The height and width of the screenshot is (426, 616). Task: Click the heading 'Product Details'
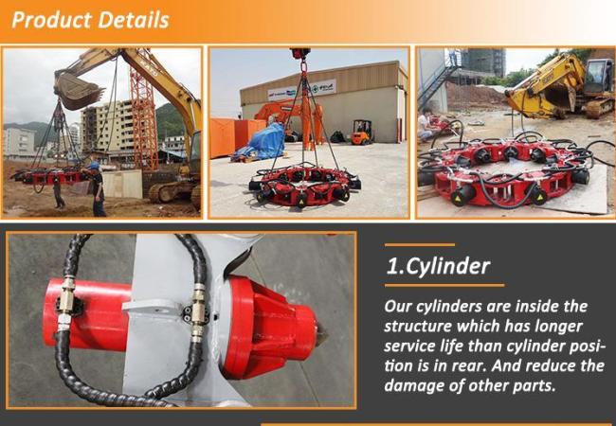pyautogui.click(x=91, y=20)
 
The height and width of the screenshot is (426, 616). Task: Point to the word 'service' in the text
pyautogui.click(x=416, y=346)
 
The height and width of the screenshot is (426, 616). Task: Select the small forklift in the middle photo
pyautogui.click(x=361, y=133)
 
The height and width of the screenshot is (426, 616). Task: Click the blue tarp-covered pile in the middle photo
pyautogui.click(x=264, y=141)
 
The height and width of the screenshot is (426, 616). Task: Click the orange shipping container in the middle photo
pyautogui.click(x=227, y=137)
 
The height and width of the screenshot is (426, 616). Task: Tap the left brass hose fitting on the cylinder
pyautogui.click(x=65, y=302)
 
